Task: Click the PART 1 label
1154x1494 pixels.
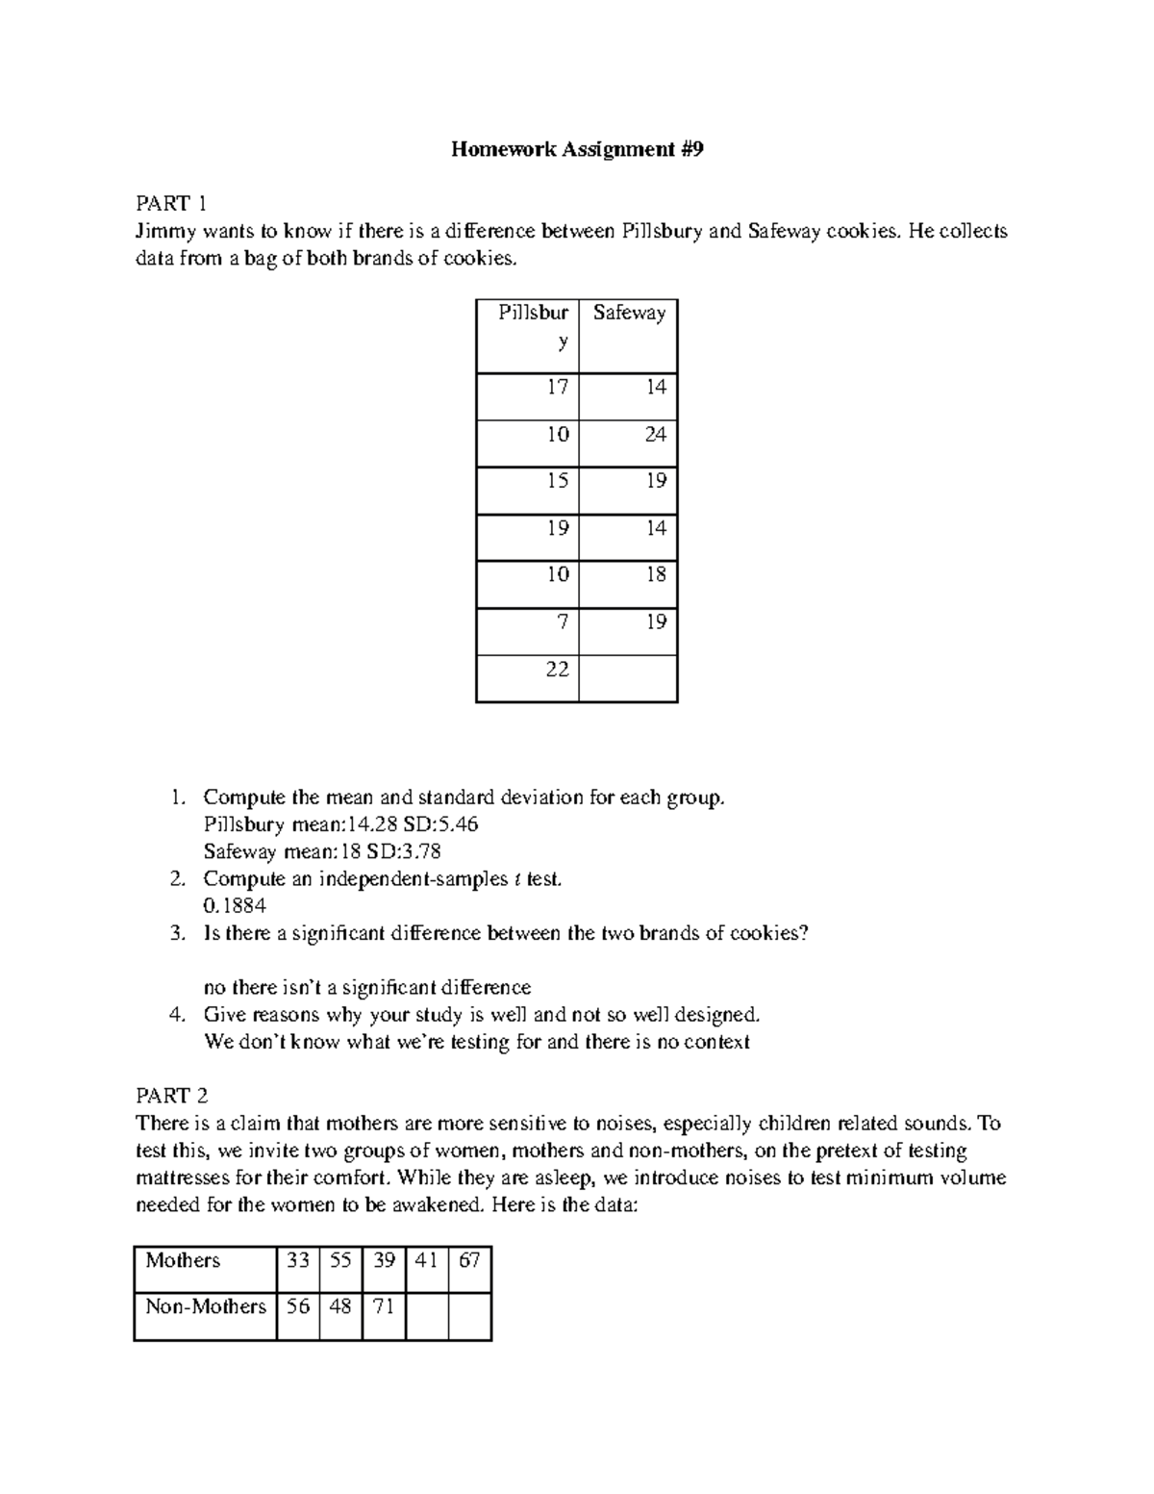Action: [x=171, y=203]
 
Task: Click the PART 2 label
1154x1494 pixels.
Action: [x=171, y=1096]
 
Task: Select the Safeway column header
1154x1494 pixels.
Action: [x=629, y=314]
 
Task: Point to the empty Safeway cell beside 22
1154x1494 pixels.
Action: [x=629, y=679]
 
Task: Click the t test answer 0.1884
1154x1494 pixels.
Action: [x=235, y=906]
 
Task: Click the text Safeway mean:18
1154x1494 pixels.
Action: [x=271, y=851]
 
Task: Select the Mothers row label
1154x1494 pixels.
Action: [x=183, y=1260]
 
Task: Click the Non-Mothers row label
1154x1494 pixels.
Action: [x=205, y=1306]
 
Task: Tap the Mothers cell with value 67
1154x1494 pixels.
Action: [x=469, y=1260]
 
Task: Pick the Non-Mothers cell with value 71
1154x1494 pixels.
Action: [x=384, y=1306]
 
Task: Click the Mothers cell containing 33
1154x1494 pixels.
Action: [x=298, y=1260]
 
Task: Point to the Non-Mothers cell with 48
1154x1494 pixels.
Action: [x=340, y=1306]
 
